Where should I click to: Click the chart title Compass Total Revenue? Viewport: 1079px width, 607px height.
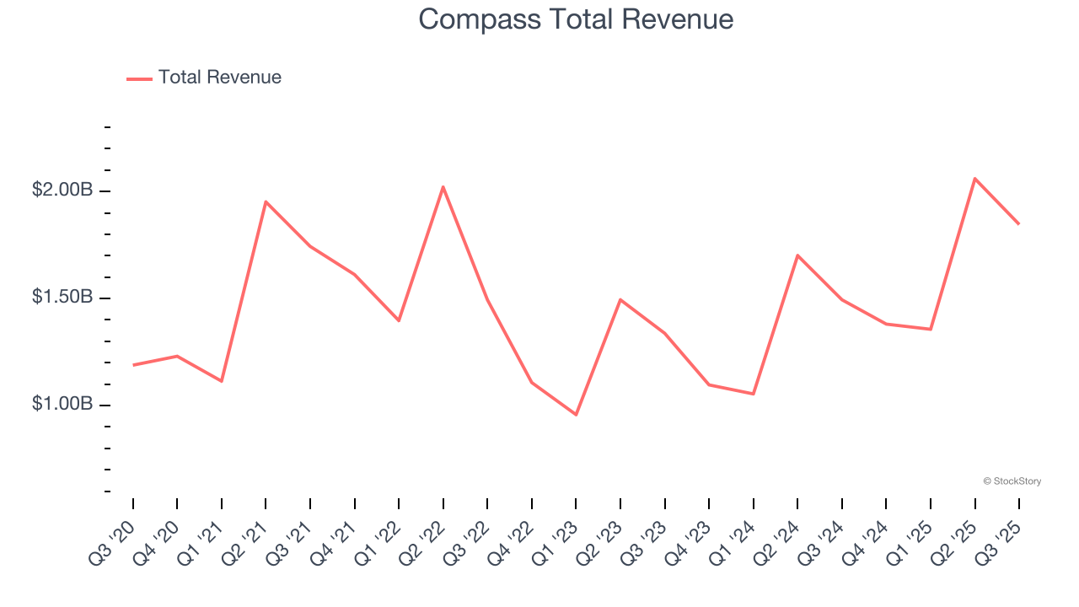(x=576, y=19)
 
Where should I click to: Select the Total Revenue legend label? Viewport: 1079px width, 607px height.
(x=219, y=78)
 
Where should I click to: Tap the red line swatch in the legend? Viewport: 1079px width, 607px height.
(x=139, y=78)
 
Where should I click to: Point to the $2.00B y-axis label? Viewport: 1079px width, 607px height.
(x=62, y=191)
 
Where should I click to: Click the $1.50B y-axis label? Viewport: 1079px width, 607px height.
(x=62, y=298)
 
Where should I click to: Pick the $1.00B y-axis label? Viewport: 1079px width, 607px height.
(x=62, y=405)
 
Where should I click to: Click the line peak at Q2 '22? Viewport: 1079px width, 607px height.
(x=443, y=186)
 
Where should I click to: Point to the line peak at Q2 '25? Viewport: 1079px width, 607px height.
(x=974, y=178)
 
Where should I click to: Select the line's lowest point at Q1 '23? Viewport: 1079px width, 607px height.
(x=576, y=415)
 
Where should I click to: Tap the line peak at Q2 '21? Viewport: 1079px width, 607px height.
(x=266, y=201)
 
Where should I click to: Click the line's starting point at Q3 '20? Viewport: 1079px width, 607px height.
(x=133, y=365)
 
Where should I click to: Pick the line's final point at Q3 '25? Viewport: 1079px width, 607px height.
(x=1018, y=223)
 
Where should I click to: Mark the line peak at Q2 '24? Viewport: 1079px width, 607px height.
(x=797, y=255)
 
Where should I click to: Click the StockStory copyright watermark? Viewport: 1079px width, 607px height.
(x=1012, y=481)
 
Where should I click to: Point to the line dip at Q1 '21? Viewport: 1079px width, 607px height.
(x=222, y=381)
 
